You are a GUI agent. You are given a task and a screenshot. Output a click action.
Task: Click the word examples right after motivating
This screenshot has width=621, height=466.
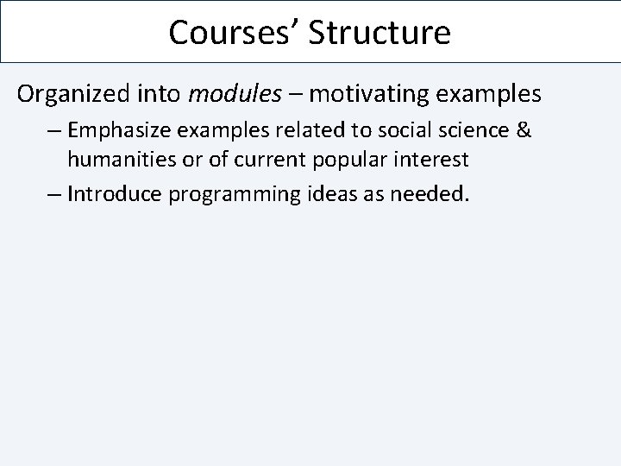(x=492, y=93)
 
